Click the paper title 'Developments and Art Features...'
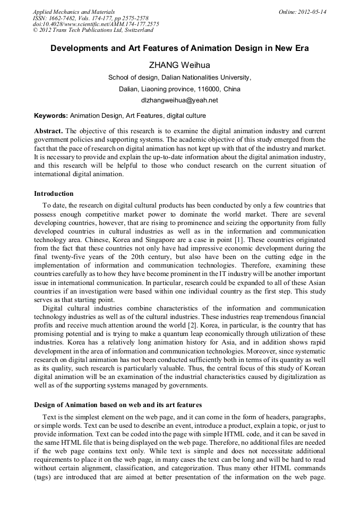pos(179,48)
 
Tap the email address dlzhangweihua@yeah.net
pos(179,100)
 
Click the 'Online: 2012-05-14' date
pos(302,12)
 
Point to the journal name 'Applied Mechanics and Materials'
pos(74,12)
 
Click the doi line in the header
pos(96,24)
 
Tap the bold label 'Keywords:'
pos(51,115)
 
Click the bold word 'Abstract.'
pos(49,131)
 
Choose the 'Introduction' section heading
pos(54,194)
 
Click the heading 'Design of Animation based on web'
pos(117,405)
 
